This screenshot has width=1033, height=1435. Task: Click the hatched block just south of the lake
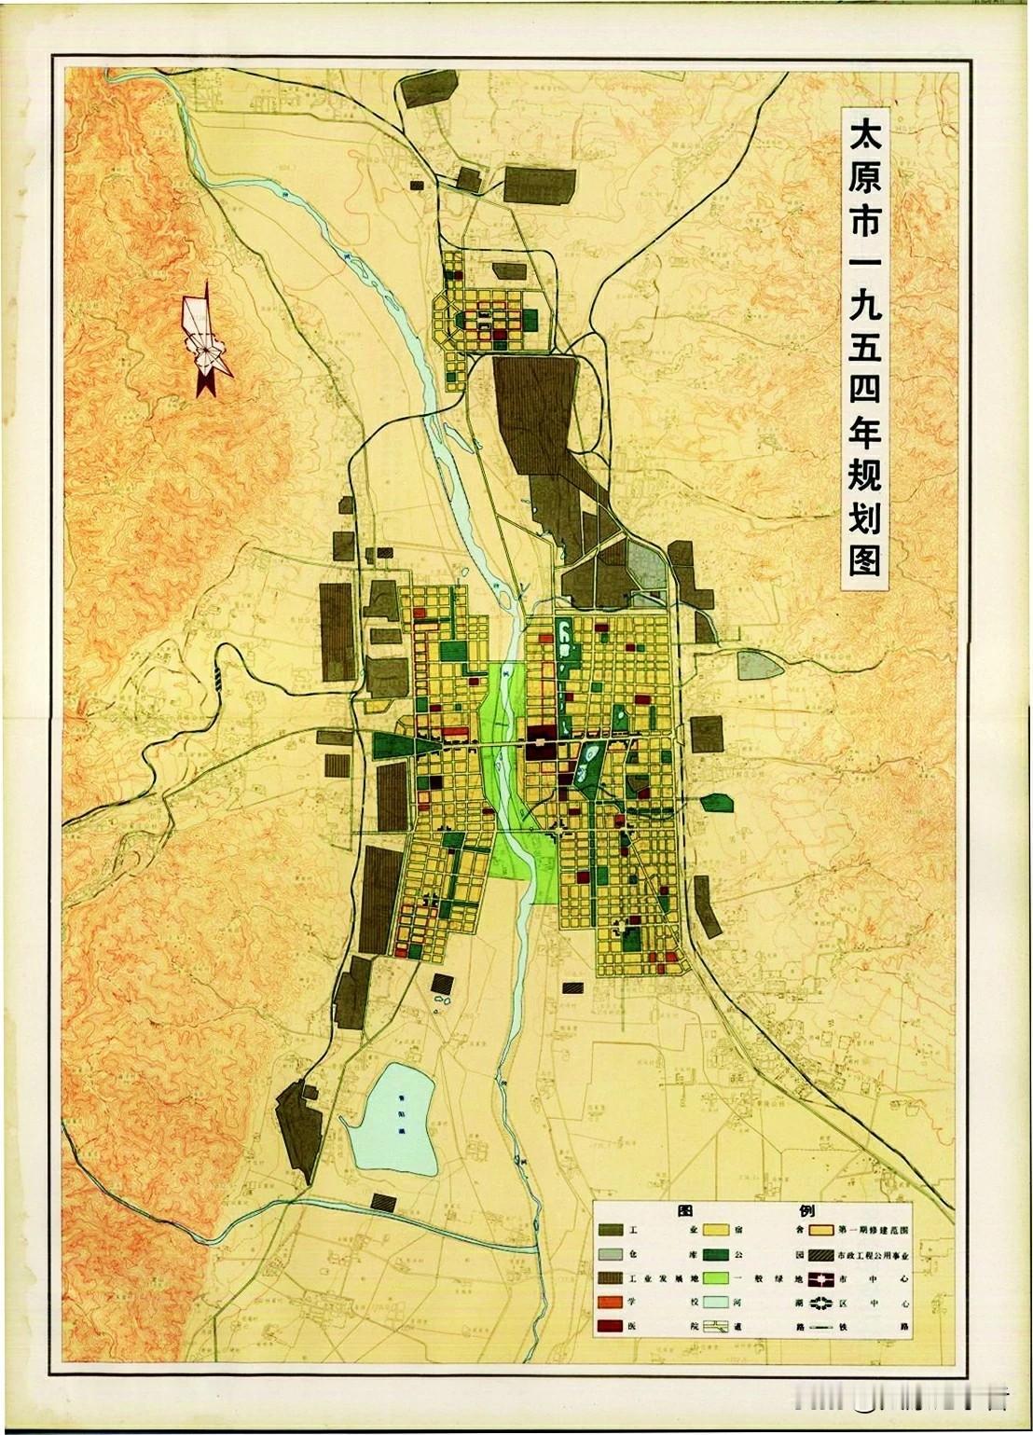coord(383,1202)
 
